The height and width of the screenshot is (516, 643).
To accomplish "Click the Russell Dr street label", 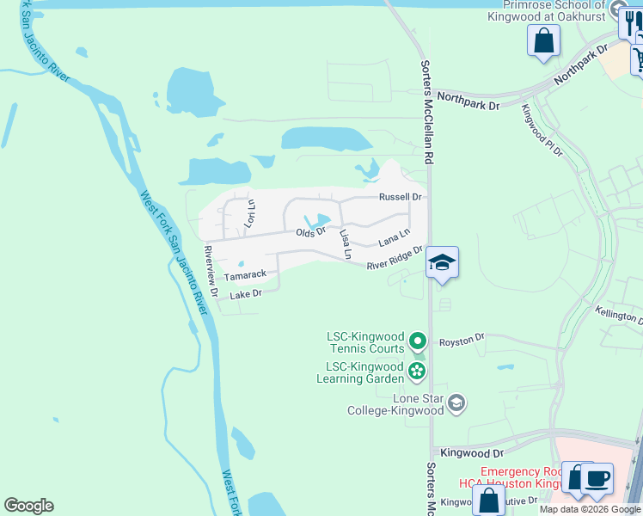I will click(401, 197).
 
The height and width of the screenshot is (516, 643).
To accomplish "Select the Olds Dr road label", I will click(311, 232).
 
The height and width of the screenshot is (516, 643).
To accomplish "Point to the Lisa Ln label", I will click(346, 244).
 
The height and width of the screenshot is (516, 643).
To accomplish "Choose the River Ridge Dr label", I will click(395, 259).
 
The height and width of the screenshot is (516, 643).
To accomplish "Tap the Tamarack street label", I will click(245, 275).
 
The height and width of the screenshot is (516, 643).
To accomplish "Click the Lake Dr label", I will click(245, 294).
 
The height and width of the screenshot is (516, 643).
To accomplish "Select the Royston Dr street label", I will click(462, 341).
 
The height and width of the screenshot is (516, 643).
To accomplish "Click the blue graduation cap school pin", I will click(442, 262).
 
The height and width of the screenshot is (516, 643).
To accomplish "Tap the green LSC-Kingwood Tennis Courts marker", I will click(418, 341).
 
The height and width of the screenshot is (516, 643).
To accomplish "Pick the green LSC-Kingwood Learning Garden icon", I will click(417, 372).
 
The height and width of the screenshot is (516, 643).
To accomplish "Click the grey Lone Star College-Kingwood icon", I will click(456, 402).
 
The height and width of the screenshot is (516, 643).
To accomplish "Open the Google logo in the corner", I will click(28, 506).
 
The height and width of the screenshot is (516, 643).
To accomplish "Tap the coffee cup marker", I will click(597, 477).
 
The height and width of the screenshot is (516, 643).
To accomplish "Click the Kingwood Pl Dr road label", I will click(542, 129).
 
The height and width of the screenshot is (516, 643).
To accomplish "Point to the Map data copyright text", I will click(591, 509).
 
